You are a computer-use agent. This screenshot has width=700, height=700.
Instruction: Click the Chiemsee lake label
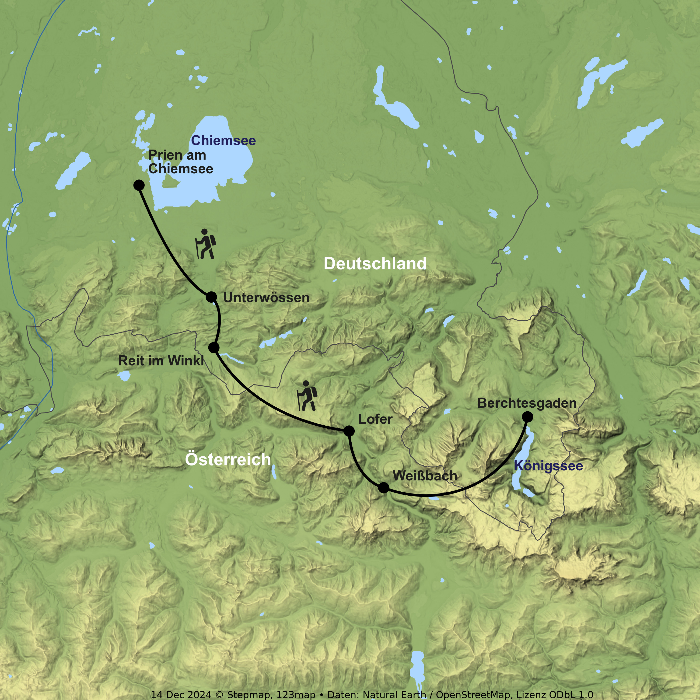tap(223, 140)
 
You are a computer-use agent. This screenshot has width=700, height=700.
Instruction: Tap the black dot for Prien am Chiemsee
tap(139, 185)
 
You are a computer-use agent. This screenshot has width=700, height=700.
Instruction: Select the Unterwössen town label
tap(266, 298)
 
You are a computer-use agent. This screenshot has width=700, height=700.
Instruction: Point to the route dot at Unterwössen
tap(211, 297)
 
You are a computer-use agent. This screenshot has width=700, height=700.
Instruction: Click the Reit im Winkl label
tap(161, 361)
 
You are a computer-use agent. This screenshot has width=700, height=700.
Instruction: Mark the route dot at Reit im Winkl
tap(214, 348)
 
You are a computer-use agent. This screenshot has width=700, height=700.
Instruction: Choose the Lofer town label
tap(375, 419)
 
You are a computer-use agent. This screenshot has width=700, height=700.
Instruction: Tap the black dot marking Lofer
tap(349, 431)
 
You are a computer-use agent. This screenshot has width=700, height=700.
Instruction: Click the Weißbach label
tap(425, 476)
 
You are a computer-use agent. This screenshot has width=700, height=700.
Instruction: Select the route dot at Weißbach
tap(383, 488)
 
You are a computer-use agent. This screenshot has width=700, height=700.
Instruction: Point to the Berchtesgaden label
tap(527, 403)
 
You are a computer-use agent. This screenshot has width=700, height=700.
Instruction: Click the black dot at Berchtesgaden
tap(528, 417)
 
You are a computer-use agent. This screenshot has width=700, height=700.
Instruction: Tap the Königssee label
tap(548, 466)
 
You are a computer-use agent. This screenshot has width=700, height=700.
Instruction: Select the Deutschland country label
tap(375, 264)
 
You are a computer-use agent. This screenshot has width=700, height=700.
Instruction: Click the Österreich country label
tap(228, 459)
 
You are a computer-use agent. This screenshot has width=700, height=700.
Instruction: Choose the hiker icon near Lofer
tap(307, 396)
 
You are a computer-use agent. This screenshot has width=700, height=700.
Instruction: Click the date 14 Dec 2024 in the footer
tap(181, 695)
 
